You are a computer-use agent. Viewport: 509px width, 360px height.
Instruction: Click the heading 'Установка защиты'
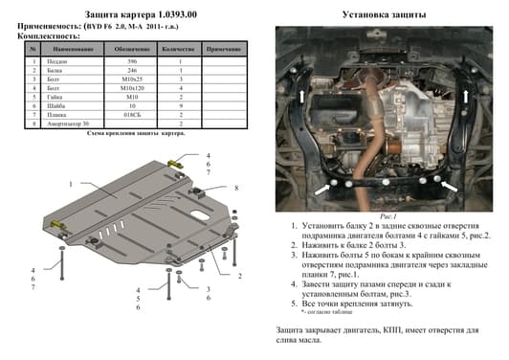point(378,15)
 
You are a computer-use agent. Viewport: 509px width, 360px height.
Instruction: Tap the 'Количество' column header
point(180,47)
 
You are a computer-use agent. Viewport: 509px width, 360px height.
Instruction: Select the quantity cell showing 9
point(180,105)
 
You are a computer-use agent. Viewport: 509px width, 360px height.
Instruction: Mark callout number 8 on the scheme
point(235,188)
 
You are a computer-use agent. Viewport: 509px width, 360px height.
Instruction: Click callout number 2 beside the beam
point(239,276)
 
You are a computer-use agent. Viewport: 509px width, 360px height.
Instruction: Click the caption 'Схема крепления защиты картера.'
point(136,133)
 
